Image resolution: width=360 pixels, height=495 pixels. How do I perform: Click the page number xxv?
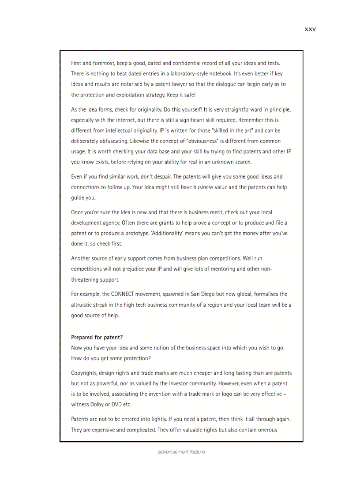tap(310, 30)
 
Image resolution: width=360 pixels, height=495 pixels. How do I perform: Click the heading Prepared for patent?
tap(97, 337)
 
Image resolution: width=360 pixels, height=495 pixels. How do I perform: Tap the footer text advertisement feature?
tap(181, 452)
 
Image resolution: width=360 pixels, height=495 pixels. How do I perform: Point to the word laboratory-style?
tap(191, 74)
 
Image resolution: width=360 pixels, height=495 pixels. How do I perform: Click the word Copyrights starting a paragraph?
tap(85, 373)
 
